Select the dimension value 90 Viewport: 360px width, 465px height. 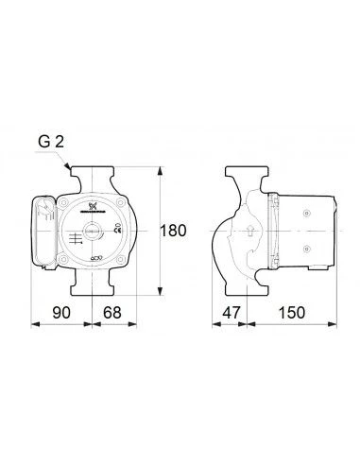click(60, 309)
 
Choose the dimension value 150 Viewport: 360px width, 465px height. click(292, 309)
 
